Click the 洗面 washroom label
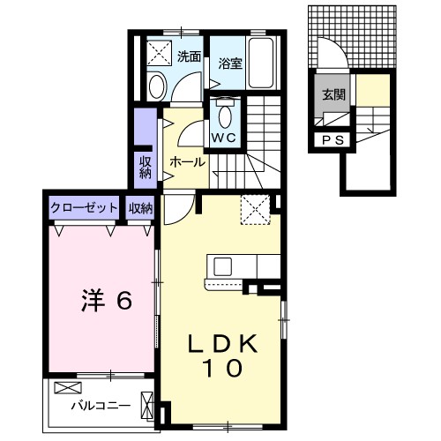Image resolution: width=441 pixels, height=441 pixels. [189, 57]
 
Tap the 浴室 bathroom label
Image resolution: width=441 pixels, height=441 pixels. [231, 63]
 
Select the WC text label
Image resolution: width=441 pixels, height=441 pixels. [222, 138]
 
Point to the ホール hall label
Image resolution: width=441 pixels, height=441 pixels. [187, 163]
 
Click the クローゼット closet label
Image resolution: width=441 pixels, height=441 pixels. [85, 208]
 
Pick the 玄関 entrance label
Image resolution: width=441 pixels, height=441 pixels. [333, 95]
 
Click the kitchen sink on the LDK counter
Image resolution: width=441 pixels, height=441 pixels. [220, 266]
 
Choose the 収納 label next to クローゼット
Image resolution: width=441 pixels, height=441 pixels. [140, 208]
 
